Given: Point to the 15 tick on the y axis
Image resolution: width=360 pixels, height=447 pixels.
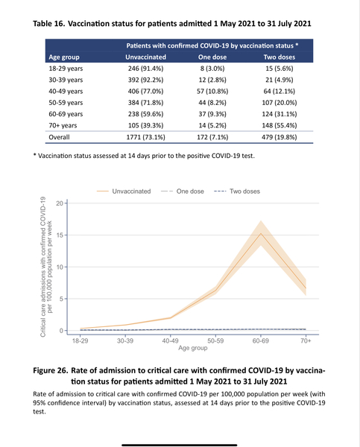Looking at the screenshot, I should tap(60, 235).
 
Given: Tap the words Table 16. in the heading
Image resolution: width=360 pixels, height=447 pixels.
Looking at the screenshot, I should tap(54, 24).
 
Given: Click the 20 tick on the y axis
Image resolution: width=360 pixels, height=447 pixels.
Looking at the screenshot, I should tap(60, 203).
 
